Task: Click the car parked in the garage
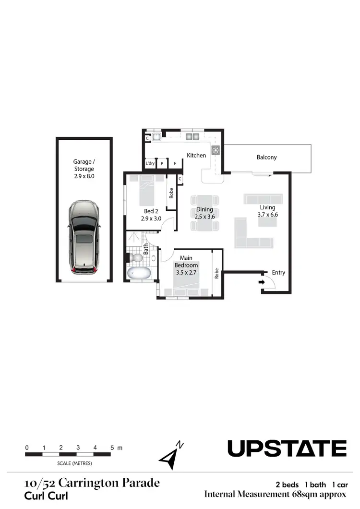[84, 238]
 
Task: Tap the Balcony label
[266, 158]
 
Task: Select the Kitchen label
[196, 155]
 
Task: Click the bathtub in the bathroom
[139, 274]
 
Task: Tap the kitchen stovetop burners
[216, 150]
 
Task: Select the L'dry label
[150, 164]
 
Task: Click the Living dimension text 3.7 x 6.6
[268, 215]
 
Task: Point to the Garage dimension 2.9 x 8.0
[84, 177]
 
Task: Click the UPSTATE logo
[287, 448]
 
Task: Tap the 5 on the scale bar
[112, 448]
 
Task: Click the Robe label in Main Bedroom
[217, 273]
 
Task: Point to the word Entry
[278, 272]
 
